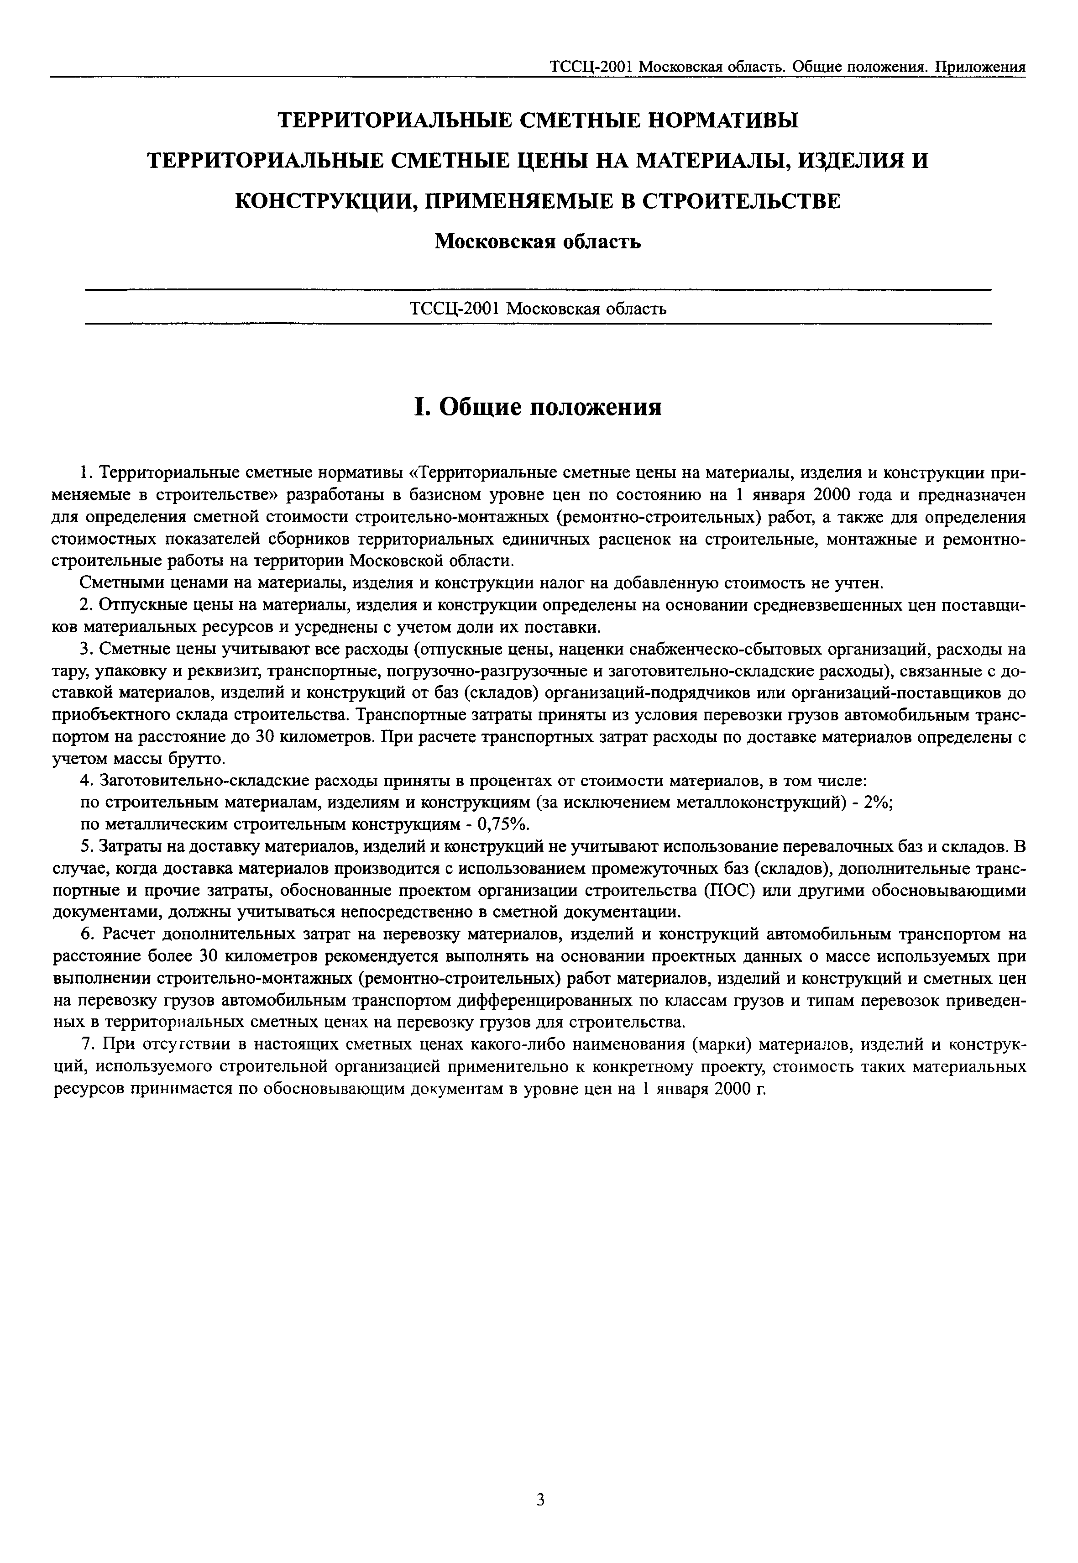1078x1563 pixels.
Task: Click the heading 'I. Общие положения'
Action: (x=538, y=407)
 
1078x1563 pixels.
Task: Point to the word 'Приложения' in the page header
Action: (x=985, y=66)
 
